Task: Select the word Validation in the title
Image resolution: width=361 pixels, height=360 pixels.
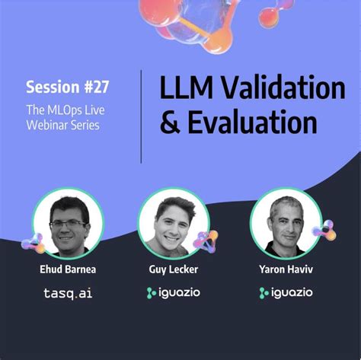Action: tap(283, 89)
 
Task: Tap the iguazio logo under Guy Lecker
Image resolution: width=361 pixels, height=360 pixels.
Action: tap(174, 292)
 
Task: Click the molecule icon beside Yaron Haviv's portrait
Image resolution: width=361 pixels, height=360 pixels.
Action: tap(324, 230)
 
